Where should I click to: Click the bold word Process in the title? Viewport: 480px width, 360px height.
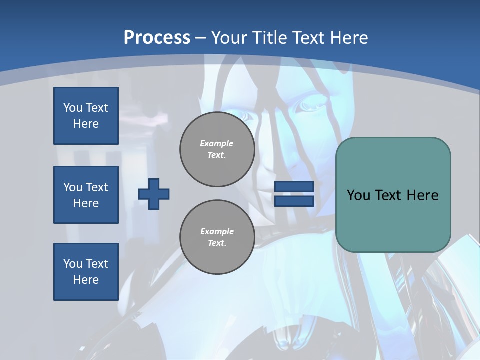(157, 38)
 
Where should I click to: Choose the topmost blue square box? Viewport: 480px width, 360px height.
(86, 116)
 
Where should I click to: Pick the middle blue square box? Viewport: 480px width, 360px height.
(86, 195)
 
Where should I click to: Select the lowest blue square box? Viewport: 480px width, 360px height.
(86, 272)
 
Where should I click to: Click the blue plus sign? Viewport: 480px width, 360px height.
(154, 194)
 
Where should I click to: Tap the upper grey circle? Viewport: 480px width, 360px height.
(217, 149)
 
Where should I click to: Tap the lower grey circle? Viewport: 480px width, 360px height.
(217, 237)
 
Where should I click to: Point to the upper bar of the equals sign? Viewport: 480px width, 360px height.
(294, 187)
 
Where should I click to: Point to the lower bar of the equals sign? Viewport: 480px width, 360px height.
(294, 201)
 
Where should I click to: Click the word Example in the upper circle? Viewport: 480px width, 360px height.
(217, 143)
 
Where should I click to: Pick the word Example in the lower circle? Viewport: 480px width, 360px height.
(217, 231)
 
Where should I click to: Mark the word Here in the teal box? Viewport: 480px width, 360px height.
(422, 195)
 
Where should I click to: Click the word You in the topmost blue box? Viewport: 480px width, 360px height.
(72, 108)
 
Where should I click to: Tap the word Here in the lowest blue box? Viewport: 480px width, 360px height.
(86, 280)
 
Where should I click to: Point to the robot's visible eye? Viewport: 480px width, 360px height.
(305, 106)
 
